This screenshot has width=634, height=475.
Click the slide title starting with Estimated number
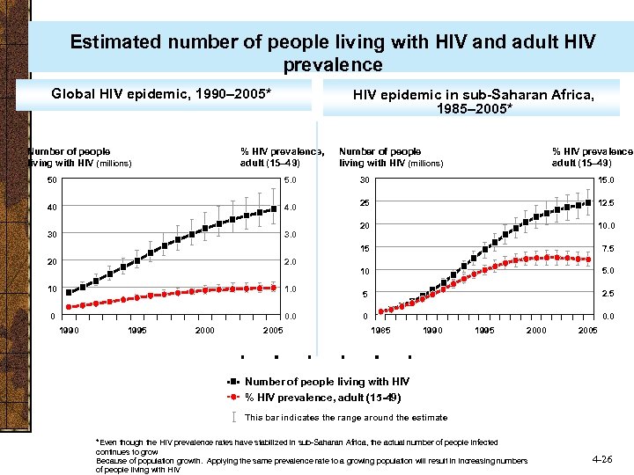[332, 53]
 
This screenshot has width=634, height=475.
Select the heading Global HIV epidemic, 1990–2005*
[161, 93]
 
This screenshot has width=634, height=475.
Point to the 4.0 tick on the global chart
[290, 208]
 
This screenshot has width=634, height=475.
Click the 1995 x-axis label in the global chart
[136, 330]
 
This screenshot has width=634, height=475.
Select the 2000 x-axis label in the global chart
[204, 330]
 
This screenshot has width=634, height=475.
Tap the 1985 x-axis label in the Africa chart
[380, 330]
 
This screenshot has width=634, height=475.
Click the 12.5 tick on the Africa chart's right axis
[607, 203]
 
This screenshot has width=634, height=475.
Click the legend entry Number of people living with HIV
[327, 382]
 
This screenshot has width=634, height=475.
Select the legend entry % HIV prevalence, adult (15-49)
[322, 398]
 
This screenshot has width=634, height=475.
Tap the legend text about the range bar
[345, 418]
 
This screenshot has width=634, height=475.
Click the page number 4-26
[603, 459]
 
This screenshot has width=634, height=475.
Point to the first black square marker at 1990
[69, 292]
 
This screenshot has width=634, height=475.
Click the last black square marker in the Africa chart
[588, 202]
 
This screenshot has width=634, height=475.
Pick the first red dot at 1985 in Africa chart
[381, 311]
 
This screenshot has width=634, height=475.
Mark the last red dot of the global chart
[274, 288]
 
